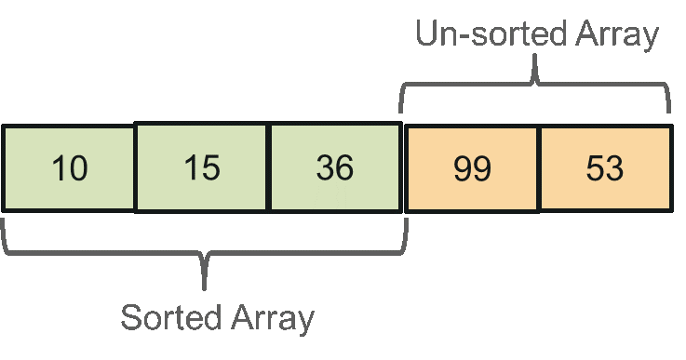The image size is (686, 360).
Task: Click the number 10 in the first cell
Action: [x=69, y=168]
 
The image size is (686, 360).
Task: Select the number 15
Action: [x=201, y=168]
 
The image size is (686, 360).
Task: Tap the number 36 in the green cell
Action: [x=335, y=168]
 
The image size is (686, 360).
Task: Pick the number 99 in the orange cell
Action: [x=472, y=168]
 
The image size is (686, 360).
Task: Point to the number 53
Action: [x=604, y=168]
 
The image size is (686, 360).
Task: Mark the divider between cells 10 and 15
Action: [x=136, y=168]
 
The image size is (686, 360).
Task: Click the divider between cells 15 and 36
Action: [x=269, y=168]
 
